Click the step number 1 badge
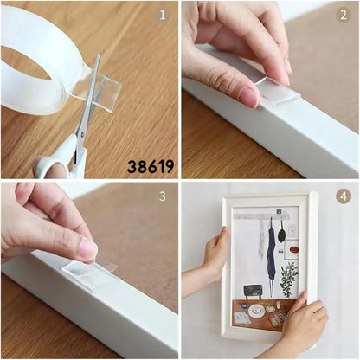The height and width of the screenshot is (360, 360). coord(163,15)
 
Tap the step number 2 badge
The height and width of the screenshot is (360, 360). coord(344,15)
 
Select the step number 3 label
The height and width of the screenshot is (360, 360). coord(163,196)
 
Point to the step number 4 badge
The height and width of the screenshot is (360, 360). coord(344,196)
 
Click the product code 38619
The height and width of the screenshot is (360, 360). coord(151,166)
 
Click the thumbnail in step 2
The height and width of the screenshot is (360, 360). coord(247,96)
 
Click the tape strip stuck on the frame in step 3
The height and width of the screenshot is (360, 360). coord(89,274)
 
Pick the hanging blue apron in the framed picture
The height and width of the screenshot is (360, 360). coord(271,254)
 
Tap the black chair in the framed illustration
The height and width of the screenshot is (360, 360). coord(254,292)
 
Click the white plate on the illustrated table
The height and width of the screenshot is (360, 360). coord(256,311)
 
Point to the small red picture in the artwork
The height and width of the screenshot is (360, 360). coord(292,250)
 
